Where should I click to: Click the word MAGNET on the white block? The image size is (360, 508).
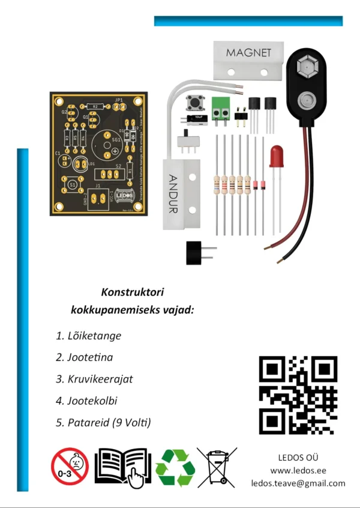(x=248, y=53)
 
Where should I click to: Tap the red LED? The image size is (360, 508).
(x=277, y=156)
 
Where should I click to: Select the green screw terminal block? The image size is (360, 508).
(x=221, y=106)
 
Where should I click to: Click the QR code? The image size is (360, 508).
(x=298, y=395)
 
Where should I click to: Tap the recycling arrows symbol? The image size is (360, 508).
(x=175, y=467)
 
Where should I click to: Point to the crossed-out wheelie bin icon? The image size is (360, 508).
(x=217, y=467)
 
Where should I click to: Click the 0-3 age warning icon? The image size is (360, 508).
(x=70, y=467)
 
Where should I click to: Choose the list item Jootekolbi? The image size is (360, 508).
(x=95, y=401)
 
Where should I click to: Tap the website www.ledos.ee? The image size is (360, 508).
(x=298, y=471)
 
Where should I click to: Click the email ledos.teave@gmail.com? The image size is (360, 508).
(x=298, y=483)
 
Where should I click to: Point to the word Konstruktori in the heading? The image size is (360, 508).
(x=133, y=292)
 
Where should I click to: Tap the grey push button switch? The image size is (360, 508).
(x=194, y=103)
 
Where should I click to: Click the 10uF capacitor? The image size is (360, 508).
(x=197, y=118)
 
